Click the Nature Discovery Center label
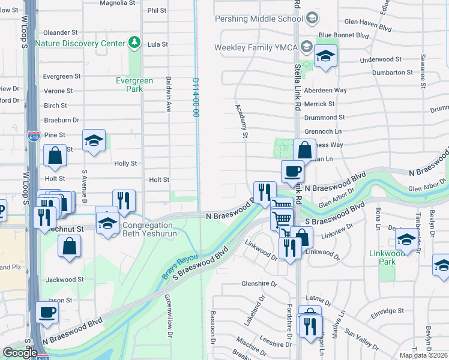click(80, 43)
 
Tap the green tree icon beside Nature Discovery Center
click(135, 43)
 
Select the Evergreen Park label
click(134, 85)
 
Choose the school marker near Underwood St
click(325, 56)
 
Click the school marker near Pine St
click(94, 140)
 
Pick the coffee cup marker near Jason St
click(47, 313)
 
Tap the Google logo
click(20, 353)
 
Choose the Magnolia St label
click(117, 3)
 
